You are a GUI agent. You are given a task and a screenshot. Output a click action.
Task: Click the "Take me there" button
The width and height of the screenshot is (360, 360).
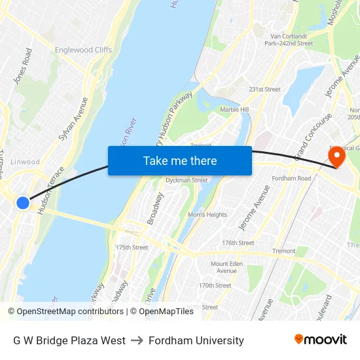pos(180,161)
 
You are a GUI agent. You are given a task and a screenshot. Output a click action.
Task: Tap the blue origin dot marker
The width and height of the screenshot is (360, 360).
pos(23,203)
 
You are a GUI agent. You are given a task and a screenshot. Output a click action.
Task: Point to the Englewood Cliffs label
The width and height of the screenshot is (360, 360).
pos(83,50)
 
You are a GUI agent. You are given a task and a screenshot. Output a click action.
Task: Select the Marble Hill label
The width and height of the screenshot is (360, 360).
pos(234,109)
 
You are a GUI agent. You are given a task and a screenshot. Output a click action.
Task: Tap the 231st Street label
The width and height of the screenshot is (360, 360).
pos(264,89)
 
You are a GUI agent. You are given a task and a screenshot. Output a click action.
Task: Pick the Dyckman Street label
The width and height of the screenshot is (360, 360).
pos(187,180)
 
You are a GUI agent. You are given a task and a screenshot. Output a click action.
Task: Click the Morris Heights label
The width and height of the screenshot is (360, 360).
pos(207,215)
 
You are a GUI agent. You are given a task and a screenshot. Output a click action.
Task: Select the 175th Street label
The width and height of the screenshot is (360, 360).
pos(132,247)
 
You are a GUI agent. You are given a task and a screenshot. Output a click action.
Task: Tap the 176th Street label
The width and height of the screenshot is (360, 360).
pos(238,243)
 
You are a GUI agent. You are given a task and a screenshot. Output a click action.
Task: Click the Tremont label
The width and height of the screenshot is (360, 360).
pos(284,251)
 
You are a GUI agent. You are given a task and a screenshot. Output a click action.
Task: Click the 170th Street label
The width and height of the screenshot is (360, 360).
pos(215,285)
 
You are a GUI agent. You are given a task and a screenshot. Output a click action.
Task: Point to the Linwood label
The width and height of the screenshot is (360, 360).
pos(26,162)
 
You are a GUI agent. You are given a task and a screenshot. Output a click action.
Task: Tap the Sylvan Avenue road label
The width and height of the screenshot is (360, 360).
pos(73,118)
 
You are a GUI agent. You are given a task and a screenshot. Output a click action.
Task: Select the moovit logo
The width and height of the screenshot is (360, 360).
pos(320,340)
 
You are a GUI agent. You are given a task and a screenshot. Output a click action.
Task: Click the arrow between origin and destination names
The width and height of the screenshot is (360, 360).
pos(137,340)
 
